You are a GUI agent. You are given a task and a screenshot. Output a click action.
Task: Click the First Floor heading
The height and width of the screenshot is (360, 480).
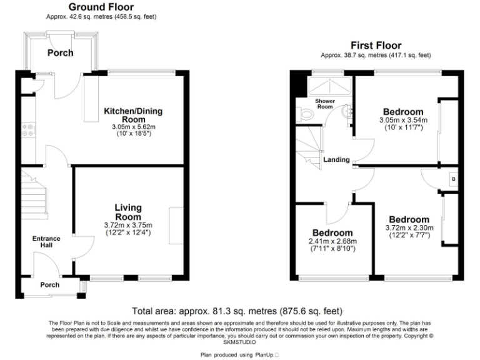(x=376, y=45)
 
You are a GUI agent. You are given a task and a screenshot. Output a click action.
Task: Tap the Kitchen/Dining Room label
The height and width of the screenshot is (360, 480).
(x=132, y=115)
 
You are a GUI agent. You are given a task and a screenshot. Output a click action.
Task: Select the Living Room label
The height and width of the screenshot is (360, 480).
(x=127, y=212)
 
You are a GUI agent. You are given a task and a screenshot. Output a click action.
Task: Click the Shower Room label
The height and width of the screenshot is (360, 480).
(x=324, y=104)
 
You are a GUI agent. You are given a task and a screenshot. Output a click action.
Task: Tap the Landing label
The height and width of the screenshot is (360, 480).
(x=336, y=160)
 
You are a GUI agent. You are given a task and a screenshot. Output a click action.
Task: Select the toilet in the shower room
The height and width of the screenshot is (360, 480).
(x=304, y=114)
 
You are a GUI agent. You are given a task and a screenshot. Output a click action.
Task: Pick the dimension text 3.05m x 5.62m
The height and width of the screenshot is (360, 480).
(x=132, y=126)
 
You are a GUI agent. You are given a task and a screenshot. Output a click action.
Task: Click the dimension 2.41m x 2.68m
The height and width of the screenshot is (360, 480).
(x=332, y=242)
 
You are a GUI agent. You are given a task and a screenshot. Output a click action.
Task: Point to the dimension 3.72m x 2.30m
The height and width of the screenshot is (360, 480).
(x=409, y=229)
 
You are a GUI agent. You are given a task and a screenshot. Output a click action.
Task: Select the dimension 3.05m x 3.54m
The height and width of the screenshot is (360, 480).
(x=402, y=120)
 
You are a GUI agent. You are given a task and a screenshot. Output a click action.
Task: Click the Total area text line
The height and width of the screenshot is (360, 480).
(x=237, y=311)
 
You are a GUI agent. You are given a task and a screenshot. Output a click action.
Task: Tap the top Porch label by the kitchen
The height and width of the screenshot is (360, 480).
(x=60, y=52)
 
